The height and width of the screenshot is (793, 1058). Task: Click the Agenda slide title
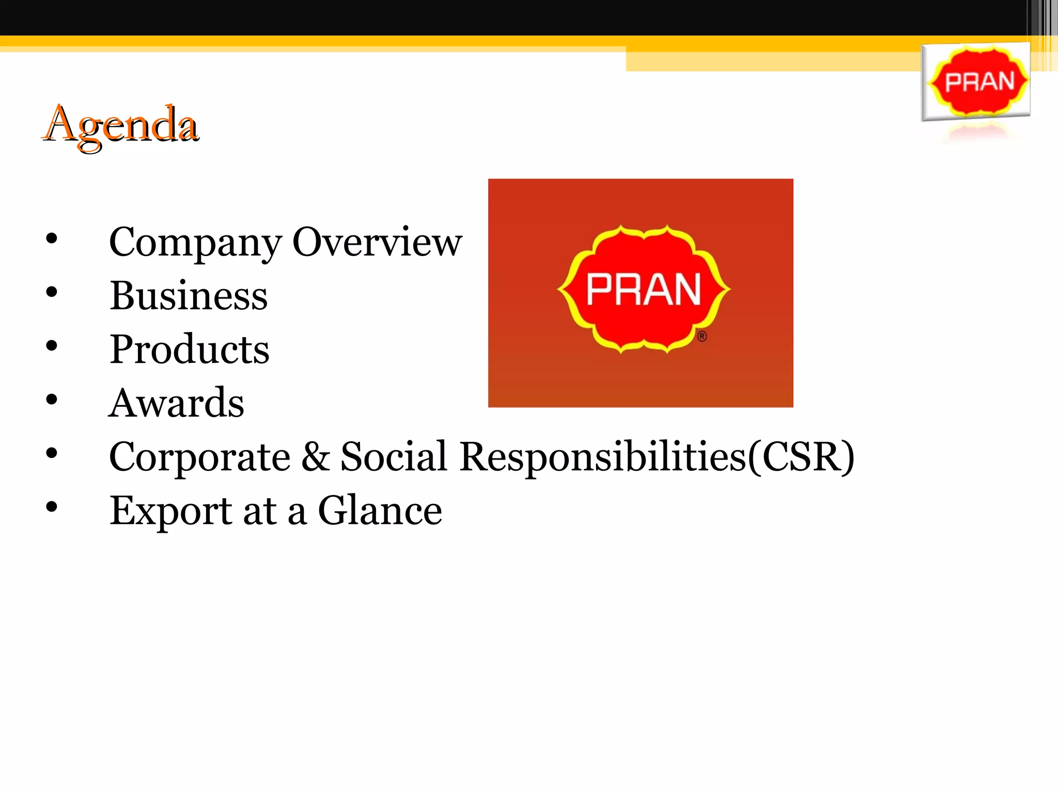click(121, 124)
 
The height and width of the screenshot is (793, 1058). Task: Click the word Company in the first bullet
click(195, 243)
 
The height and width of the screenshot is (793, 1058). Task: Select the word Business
click(189, 296)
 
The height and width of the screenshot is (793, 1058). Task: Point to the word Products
click(189, 350)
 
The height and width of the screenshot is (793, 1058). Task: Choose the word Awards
click(176, 403)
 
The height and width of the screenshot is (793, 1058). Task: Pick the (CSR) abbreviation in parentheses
click(801, 457)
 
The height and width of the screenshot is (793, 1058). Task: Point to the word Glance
click(380, 510)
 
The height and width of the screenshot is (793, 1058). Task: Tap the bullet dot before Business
click(52, 292)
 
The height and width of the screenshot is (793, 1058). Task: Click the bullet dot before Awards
click(52, 400)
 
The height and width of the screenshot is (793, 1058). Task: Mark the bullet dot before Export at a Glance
click(52, 507)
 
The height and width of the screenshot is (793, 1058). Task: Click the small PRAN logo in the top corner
click(976, 82)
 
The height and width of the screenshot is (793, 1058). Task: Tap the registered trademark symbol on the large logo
click(702, 337)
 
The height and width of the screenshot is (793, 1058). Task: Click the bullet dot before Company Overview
click(52, 239)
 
